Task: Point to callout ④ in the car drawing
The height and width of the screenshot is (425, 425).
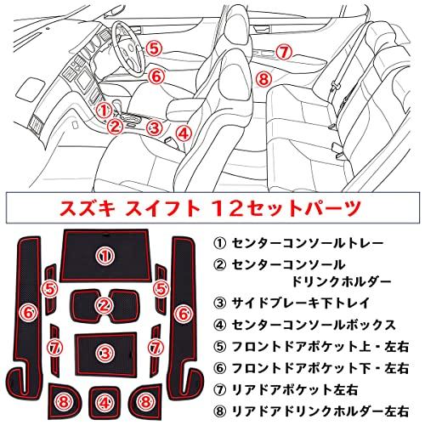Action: (184, 133)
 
